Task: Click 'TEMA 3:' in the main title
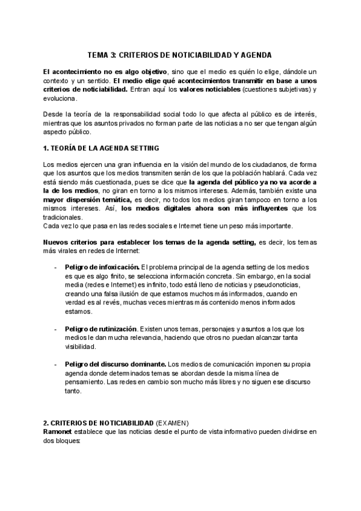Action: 102,54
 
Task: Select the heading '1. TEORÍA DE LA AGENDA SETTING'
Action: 100,148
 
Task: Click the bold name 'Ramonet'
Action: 58,432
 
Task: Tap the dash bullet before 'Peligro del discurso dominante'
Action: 55,364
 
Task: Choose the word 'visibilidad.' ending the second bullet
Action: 81,347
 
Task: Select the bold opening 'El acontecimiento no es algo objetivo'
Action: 105,72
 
